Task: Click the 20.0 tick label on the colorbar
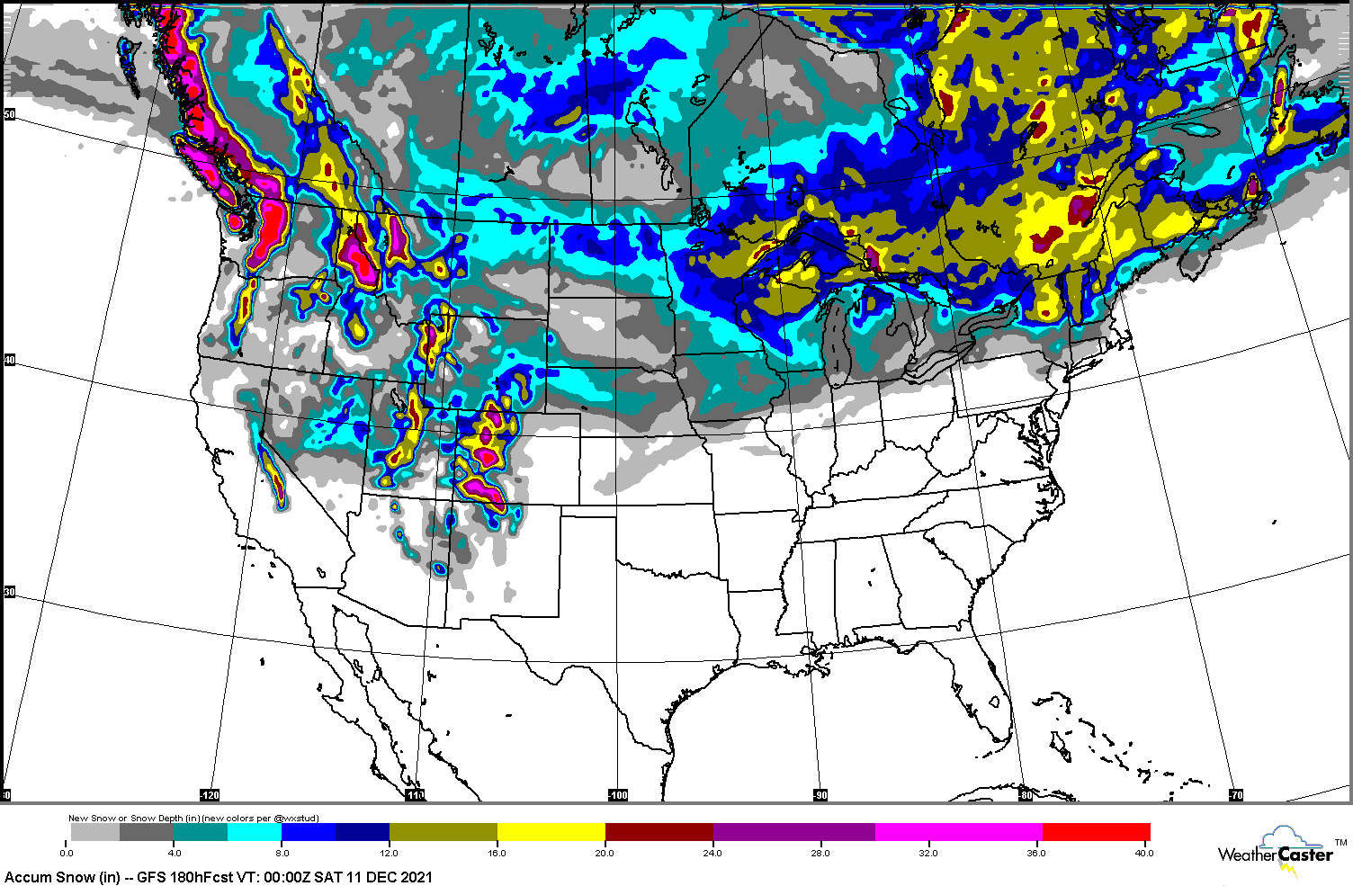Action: pyautogui.click(x=605, y=853)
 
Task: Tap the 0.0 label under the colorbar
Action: pyautogui.click(x=67, y=853)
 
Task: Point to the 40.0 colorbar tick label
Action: pyautogui.click(x=1143, y=853)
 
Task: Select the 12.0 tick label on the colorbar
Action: pyautogui.click(x=390, y=853)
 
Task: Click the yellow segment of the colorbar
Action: pyautogui.click(x=551, y=832)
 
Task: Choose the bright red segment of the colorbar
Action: pyautogui.click(x=1096, y=832)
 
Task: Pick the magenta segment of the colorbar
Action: pyautogui.click(x=958, y=832)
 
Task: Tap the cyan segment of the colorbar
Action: pyautogui.click(x=255, y=832)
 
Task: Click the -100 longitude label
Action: pyautogui.click(x=618, y=795)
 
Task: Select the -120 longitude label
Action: pyautogui.click(x=209, y=795)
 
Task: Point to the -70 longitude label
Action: pyautogui.click(x=1236, y=795)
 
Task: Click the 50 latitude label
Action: pyautogui.click(x=10, y=114)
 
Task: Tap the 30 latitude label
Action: pyautogui.click(x=10, y=592)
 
